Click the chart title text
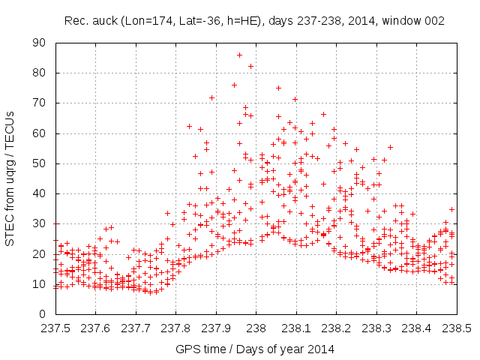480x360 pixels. pos(254,20)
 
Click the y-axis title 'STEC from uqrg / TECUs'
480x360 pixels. pos(13,178)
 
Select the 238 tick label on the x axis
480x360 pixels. pos(256,328)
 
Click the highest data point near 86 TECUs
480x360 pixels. pos(239,55)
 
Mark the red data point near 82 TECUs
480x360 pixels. pos(250,66)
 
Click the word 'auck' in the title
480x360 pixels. pos(103,20)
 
